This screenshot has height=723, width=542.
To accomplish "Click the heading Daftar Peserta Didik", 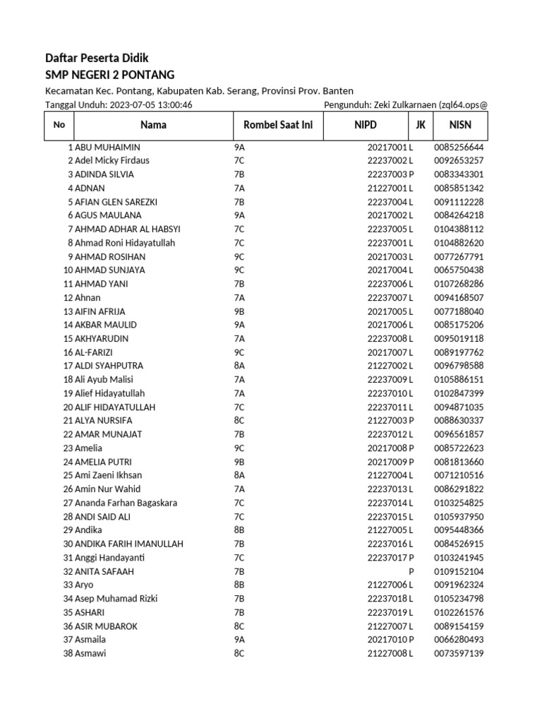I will tap(97, 58).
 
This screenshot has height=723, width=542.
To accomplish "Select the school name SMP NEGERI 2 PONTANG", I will tap(109, 75).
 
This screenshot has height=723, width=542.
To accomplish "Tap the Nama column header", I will tap(153, 125).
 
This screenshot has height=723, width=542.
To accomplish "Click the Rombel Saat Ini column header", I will tap(278, 125).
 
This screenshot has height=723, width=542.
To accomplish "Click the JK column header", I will tap(421, 125).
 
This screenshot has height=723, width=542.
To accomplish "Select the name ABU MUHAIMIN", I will tap(107, 148).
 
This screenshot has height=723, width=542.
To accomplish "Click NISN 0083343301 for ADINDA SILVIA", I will tap(459, 174).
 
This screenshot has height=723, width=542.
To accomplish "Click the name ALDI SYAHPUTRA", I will tap(109, 366).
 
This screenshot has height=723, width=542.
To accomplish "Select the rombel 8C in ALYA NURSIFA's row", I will tap(239, 421).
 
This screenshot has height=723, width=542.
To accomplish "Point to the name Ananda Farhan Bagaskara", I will tap(126, 503).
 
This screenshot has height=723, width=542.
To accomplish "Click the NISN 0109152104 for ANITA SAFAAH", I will tap(459, 571).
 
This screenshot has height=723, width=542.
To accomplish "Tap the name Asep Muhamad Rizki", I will tap(116, 599).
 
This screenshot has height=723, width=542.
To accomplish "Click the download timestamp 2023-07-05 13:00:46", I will tap(150, 105).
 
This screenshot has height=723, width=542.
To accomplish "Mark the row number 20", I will tap(68, 407).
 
